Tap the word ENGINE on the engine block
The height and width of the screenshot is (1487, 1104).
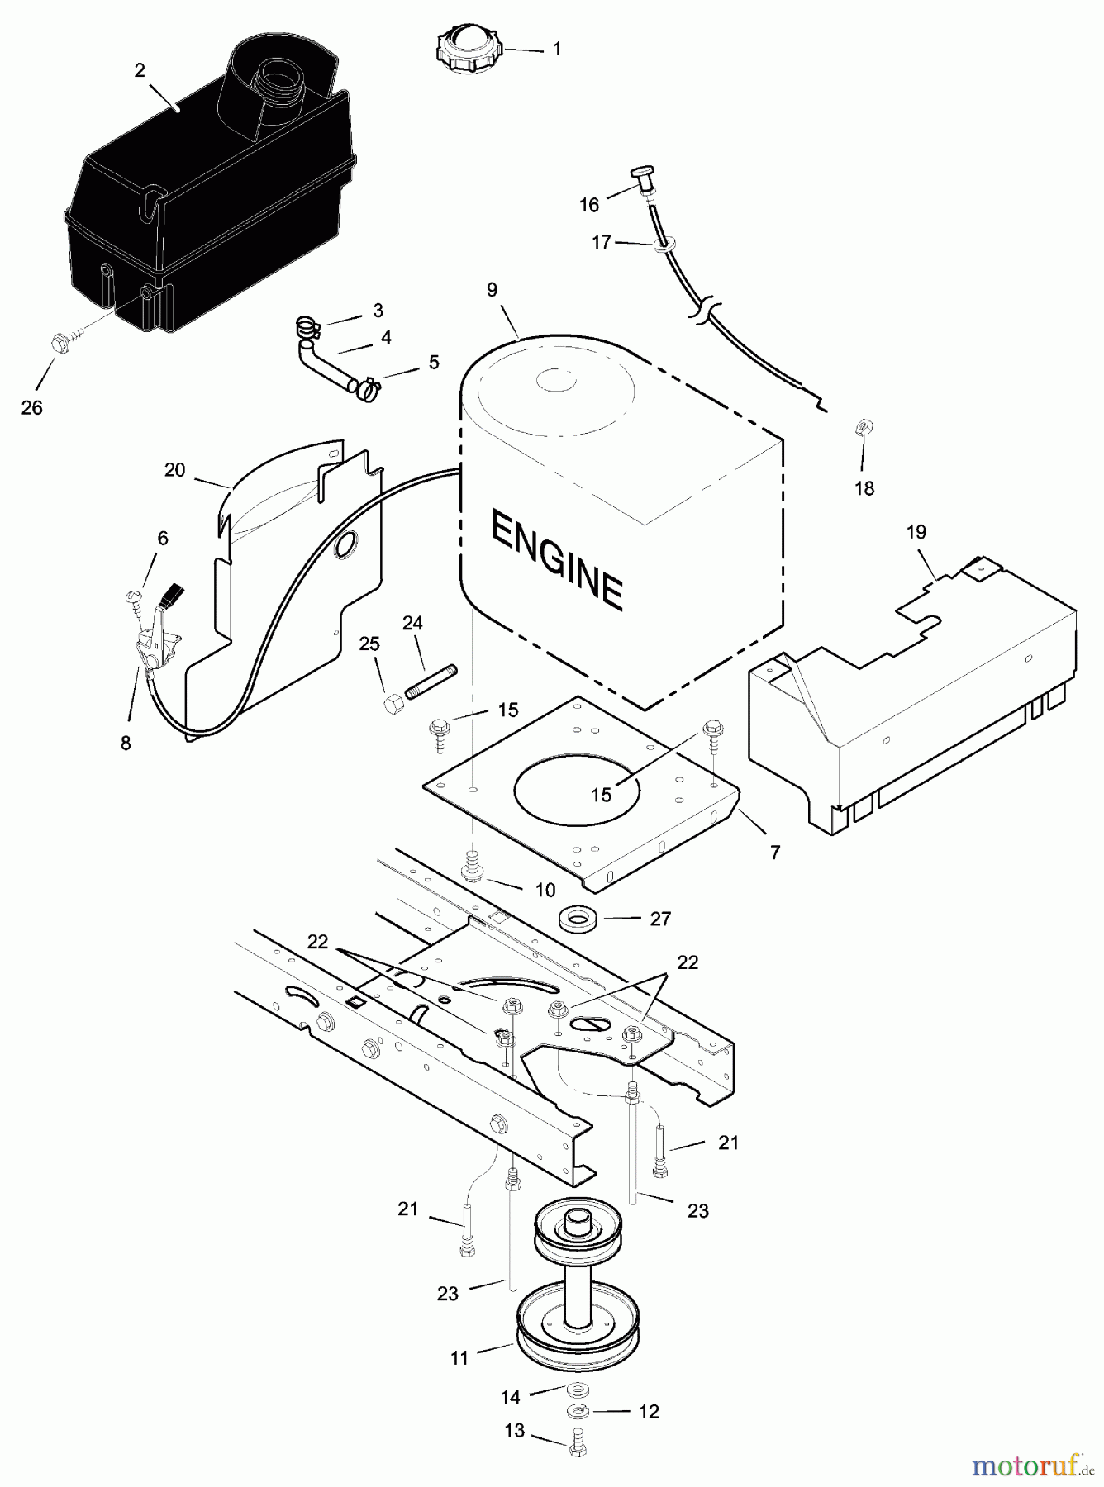[556, 558]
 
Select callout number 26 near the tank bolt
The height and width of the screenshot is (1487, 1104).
[31, 407]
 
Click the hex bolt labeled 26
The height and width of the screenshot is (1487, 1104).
[61, 342]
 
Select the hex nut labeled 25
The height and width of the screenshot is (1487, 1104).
[393, 705]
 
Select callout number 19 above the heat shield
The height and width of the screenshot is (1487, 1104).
[916, 532]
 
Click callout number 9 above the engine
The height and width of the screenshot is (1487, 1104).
[492, 290]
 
